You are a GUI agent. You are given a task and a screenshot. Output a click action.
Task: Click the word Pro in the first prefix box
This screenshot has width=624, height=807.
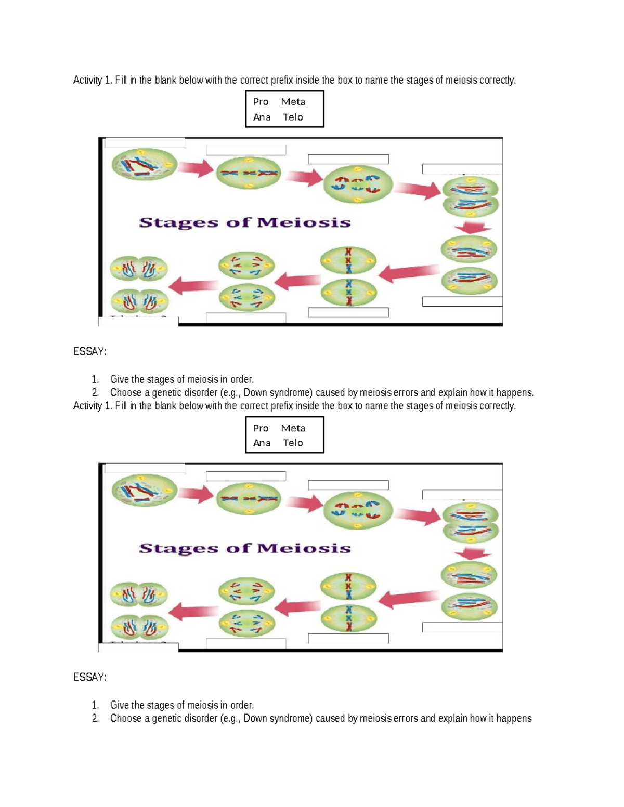click(261, 102)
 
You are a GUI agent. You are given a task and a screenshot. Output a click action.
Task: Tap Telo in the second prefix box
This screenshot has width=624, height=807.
click(293, 443)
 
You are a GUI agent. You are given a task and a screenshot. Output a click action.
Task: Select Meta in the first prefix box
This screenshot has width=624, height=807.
click(293, 102)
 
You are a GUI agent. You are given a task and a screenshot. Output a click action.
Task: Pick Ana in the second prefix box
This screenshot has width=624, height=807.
click(262, 443)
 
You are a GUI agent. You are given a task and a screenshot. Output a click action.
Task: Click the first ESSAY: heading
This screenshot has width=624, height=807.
click(89, 352)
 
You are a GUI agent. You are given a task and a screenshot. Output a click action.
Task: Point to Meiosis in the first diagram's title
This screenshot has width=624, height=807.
click(304, 223)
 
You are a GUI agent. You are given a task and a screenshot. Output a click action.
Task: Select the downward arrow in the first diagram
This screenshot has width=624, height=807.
click(472, 228)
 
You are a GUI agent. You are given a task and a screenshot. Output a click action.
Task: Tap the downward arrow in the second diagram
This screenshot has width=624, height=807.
click(472, 553)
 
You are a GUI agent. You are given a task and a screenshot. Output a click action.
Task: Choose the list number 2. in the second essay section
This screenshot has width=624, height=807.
click(95, 719)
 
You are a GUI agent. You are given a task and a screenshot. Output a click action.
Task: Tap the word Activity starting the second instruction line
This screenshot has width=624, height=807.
click(87, 406)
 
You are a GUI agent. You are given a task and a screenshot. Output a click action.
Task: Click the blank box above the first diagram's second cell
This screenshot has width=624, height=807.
click(246, 150)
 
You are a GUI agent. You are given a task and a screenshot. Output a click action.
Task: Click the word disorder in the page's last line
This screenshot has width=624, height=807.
click(200, 719)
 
